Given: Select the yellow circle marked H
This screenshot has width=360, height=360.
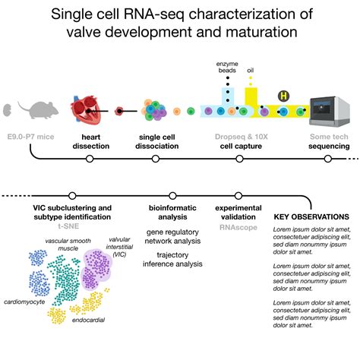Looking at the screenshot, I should point(284,96).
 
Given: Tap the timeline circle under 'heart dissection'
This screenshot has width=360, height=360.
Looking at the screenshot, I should point(90,159).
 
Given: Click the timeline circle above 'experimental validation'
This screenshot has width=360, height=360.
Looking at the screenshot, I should point(238,196).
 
